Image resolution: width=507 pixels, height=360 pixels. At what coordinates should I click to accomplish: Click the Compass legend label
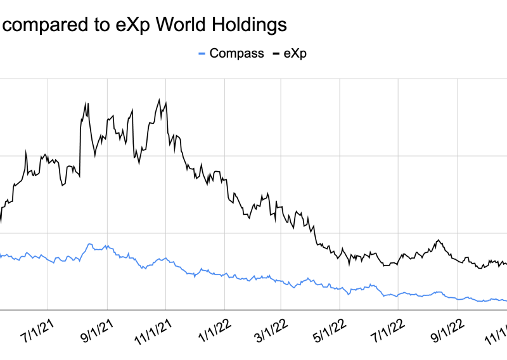click(x=236, y=53)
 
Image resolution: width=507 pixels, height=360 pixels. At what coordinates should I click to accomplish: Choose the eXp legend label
click(x=293, y=53)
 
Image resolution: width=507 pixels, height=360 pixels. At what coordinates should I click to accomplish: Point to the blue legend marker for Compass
click(x=202, y=53)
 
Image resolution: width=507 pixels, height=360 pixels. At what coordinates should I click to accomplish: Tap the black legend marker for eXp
click(x=276, y=53)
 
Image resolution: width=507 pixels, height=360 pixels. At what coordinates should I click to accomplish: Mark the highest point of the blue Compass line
click(x=89, y=244)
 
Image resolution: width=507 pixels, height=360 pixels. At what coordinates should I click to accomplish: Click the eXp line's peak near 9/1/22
click(x=439, y=240)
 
